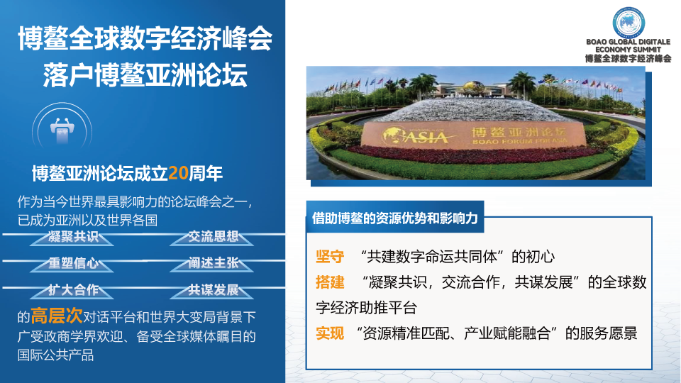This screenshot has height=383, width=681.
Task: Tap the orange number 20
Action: pyautogui.click(x=178, y=173)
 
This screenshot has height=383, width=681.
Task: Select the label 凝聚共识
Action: pyautogui.click(x=73, y=237)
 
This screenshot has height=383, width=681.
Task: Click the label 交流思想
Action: pyautogui.click(x=214, y=237)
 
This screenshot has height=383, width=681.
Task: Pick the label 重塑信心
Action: pyautogui.click(x=73, y=263)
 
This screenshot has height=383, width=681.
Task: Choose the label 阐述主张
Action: pyautogui.click(x=214, y=263)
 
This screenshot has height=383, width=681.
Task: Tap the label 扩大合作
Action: pyautogui.click(x=73, y=289)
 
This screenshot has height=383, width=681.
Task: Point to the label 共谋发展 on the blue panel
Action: pyautogui.click(x=214, y=289)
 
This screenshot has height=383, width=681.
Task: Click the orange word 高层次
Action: pyautogui.click(x=57, y=316)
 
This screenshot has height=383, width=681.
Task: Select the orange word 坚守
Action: pyautogui.click(x=330, y=257)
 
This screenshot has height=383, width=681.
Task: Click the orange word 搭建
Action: pyautogui.click(x=330, y=282)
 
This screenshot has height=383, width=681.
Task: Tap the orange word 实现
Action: pyautogui.click(x=330, y=333)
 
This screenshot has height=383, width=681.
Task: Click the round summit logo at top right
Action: pyautogui.click(x=629, y=23)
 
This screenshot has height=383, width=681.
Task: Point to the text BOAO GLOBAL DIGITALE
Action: pyautogui.click(x=628, y=42)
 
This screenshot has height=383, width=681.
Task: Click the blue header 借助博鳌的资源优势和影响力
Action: pyautogui.click(x=395, y=218)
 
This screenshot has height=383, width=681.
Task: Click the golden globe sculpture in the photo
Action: pyautogui.click(x=473, y=89)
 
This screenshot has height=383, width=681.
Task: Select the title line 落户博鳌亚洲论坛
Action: pyautogui.click(x=145, y=75)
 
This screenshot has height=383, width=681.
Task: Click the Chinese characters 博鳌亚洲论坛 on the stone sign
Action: pyautogui.click(x=519, y=132)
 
